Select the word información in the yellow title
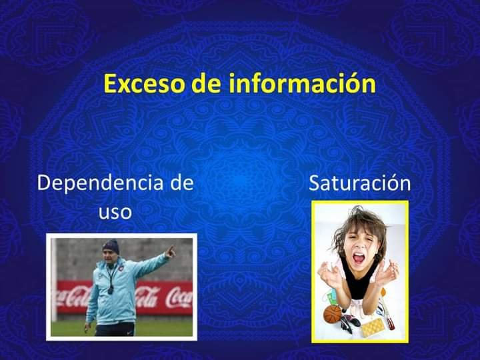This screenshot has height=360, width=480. click(302, 83)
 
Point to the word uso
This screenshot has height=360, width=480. click(115, 212)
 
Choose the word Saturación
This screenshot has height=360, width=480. click(360, 183)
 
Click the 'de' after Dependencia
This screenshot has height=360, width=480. click(182, 183)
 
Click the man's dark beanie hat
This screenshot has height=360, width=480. click(111, 247)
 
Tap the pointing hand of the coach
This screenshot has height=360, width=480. click(170, 252)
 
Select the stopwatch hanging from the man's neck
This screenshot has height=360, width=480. click(111, 289)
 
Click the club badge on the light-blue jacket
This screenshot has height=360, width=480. click(123, 265)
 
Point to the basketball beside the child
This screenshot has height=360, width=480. click(333, 314)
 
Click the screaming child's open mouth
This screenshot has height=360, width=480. click(359, 258)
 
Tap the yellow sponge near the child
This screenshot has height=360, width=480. click(373, 327)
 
